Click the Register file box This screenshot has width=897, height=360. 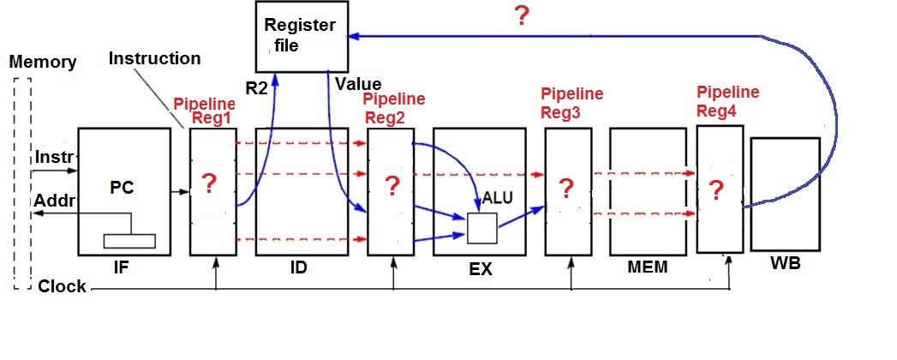point(302,35)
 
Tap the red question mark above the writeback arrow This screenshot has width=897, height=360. point(520,17)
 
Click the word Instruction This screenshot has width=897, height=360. point(155,58)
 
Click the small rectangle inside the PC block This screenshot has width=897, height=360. point(129,241)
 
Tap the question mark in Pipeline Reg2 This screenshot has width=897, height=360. point(392,185)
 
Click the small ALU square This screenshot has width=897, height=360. point(481,228)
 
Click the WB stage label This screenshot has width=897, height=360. point(785,263)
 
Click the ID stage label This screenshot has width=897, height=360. point(299,268)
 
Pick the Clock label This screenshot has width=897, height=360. point(63,286)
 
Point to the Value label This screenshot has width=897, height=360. point(358,84)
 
